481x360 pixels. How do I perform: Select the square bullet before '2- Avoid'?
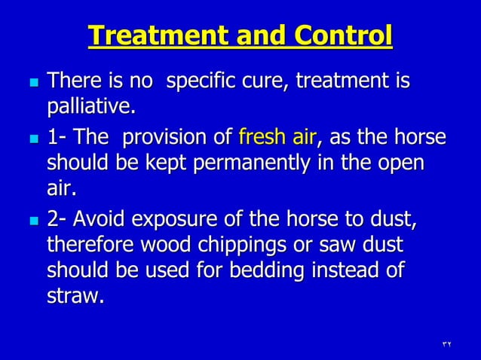29,221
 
